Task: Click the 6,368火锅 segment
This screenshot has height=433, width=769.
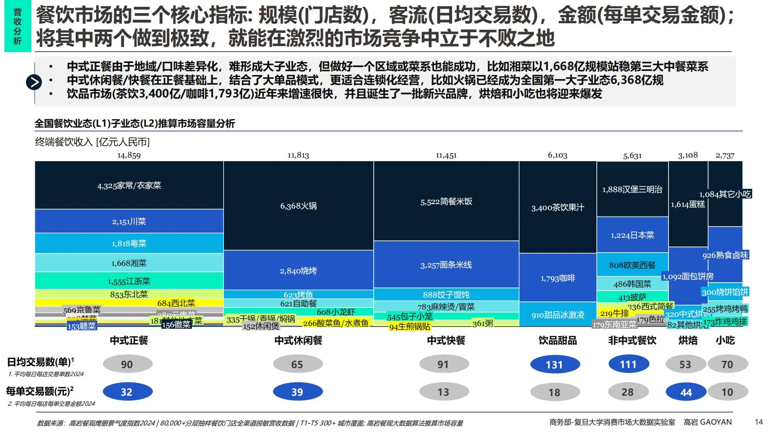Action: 298,206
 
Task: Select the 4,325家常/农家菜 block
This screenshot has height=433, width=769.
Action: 129,185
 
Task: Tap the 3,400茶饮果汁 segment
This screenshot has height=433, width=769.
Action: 558,207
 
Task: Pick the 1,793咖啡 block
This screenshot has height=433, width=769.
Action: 558,278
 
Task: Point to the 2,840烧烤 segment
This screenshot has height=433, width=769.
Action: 298,271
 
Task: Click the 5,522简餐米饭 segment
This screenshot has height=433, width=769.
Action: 446,202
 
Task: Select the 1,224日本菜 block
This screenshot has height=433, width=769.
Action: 632,235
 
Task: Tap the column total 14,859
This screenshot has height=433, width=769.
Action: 129,156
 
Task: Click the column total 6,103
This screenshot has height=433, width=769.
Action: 558,156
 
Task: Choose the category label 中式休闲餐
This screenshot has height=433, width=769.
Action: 298,340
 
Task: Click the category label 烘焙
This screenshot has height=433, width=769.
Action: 688,340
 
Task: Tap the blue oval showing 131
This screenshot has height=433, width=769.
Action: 555,364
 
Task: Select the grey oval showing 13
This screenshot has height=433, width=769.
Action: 444,392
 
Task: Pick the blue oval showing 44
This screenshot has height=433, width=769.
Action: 686,392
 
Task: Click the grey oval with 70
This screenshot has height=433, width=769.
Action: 727,364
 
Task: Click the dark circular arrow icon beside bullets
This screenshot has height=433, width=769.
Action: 34,82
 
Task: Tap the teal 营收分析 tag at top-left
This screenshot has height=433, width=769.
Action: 18,26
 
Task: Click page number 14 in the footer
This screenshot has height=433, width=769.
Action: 759,422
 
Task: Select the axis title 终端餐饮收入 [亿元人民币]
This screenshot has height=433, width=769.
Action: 93,142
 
